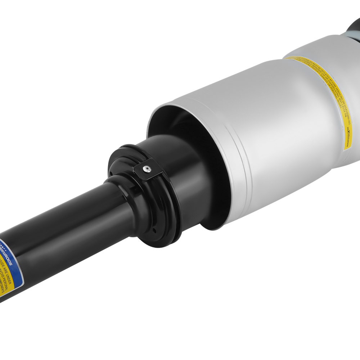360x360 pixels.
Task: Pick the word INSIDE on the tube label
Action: pyautogui.click(x=4, y=265)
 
